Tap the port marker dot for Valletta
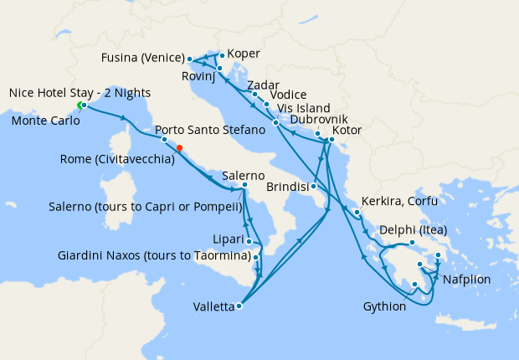(x=239, y=306)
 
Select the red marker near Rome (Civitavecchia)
(x=180, y=148)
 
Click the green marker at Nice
(x=80, y=105)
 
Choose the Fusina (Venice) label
(x=141, y=59)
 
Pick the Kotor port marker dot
(x=331, y=139)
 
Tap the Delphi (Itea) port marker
(x=412, y=244)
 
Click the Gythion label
(x=384, y=307)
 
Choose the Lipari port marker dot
(x=249, y=241)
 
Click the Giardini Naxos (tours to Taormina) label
(x=154, y=255)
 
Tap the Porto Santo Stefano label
(x=210, y=131)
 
